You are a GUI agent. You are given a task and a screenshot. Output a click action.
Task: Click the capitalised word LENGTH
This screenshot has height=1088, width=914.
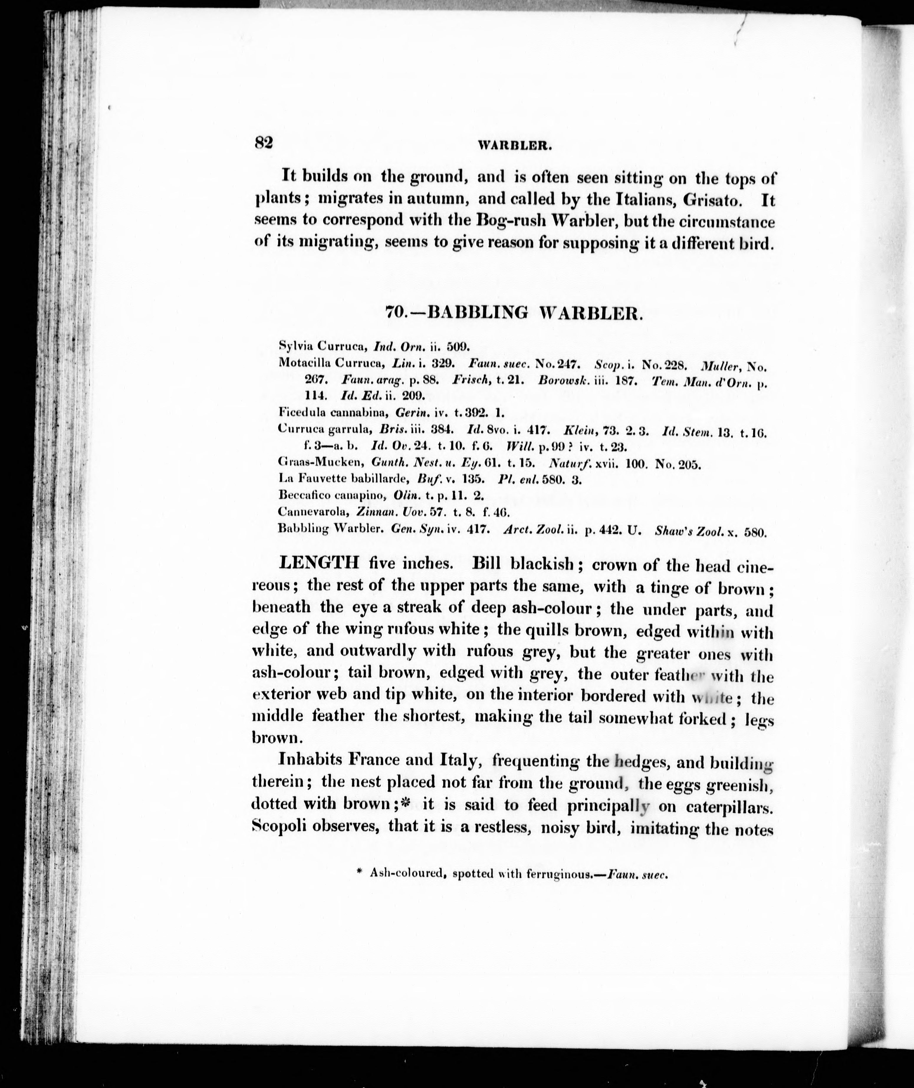pyautogui.click(x=319, y=563)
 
